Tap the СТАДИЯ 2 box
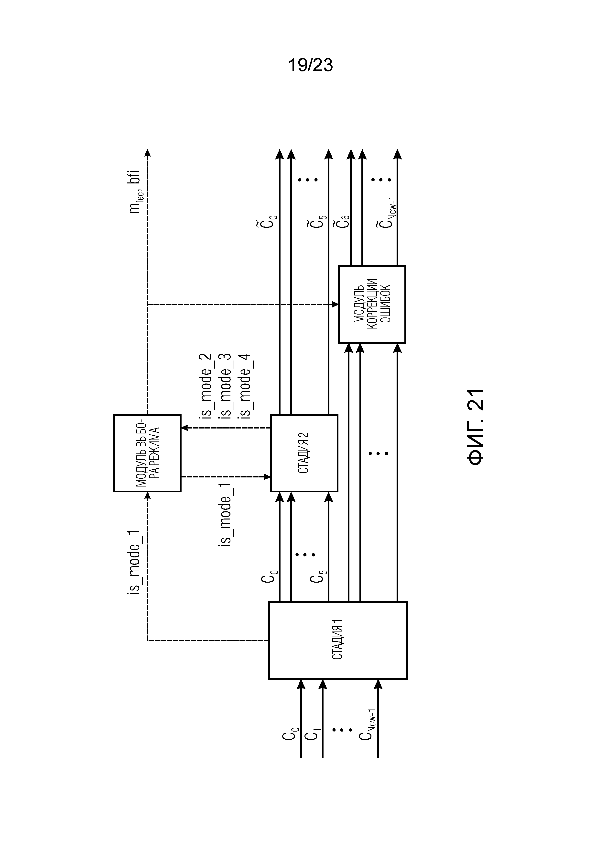tap(304, 453)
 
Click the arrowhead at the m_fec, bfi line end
tap(148, 152)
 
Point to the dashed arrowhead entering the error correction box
tap(335, 305)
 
